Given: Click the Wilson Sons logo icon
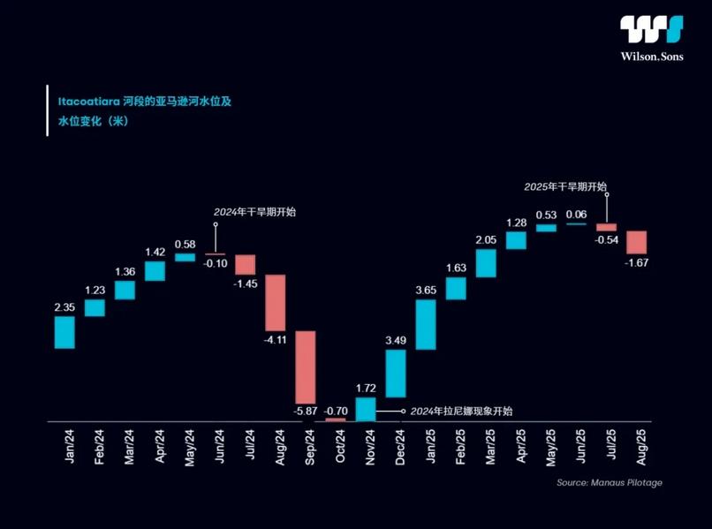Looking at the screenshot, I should (x=651, y=28).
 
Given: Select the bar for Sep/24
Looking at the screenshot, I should (x=306, y=367).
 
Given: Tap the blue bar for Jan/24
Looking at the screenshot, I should (x=64, y=332).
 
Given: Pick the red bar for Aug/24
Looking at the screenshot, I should (x=276, y=303).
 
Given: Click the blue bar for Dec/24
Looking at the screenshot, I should (x=396, y=374).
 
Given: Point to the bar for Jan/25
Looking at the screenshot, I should (x=426, y=325).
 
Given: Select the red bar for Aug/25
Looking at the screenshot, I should (x=636, y=242).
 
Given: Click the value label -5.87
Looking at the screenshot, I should (x=306, y=411).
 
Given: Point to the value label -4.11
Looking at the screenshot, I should (x=276, y=339).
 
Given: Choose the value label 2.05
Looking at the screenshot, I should (x=486, y=239).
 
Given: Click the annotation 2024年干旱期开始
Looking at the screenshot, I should (x=254, y=212).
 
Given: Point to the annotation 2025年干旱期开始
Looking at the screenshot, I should (x=565, y=186).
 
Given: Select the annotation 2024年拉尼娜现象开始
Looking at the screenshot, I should (x=461, y=411).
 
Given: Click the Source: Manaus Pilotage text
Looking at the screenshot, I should (x=609, y=483).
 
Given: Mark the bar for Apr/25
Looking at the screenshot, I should (x=516, y=240).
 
